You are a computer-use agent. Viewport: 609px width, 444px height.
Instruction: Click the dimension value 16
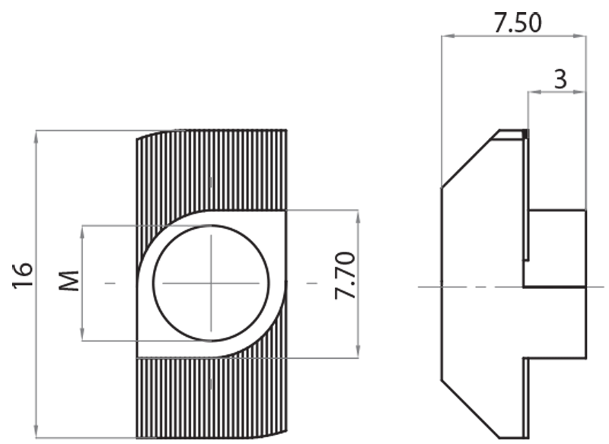point(22,274)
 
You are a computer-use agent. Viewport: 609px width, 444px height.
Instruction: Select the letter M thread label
point(69,282)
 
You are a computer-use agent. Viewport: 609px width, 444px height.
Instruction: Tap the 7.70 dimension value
point(345,277)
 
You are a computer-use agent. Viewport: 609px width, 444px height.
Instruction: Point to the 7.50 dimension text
point(517,23)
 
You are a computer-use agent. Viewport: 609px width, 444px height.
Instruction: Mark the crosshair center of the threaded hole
point(211,283)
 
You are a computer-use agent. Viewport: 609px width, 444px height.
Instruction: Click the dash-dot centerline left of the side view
point(430,287)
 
